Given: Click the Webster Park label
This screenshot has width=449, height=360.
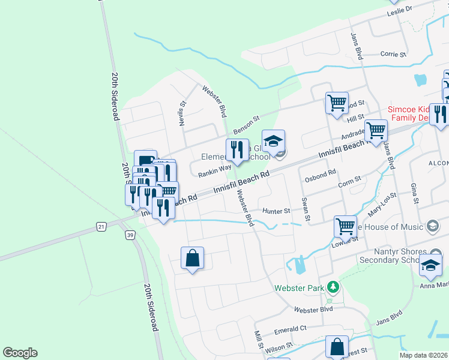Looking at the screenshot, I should [299, 287].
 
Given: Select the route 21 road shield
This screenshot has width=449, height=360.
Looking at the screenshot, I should [100, 226].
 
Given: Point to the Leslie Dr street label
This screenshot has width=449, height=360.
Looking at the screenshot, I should [400, 10].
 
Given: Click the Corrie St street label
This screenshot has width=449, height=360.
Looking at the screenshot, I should [394, 54].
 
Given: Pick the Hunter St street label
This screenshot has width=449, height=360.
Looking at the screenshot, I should [276, 211].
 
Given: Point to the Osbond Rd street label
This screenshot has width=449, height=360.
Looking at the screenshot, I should [320, 175].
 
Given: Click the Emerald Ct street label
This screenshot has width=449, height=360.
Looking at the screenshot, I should [291, 329].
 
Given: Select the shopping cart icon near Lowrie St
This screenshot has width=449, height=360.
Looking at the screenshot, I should [345, 226].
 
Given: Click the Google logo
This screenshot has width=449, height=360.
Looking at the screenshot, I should [20, 353].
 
